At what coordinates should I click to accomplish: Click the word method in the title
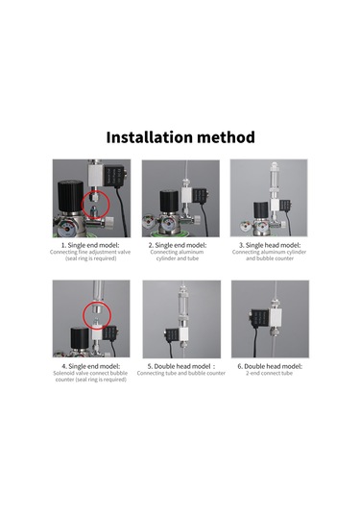point(225,137)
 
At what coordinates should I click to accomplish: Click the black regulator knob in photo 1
point(70,195)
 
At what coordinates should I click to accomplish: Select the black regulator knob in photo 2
point(169,201)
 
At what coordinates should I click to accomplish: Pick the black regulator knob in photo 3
point(261,211)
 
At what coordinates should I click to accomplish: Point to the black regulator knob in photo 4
point(80,338)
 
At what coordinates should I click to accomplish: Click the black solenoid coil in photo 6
point(260,319)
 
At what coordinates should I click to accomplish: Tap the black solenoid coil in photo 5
point(172,335)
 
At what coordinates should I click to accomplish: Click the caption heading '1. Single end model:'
point(90,245)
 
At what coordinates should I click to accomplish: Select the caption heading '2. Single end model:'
point(178,245)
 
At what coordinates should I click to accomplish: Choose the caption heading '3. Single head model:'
point(270,245)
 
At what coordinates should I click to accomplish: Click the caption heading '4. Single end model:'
point(91,366)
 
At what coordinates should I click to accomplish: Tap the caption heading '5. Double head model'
point(179,366)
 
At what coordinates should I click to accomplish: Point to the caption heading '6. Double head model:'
point(270,366)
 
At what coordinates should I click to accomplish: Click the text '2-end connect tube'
point(269,373)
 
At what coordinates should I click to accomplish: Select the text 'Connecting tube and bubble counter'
point(181,373)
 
